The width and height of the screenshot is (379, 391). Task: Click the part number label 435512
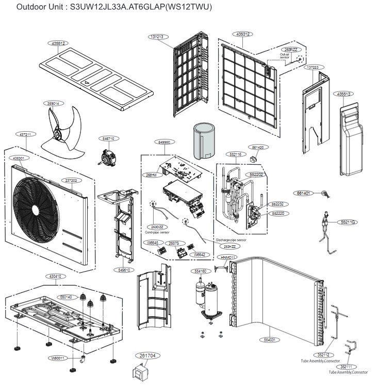(x=59, y=43)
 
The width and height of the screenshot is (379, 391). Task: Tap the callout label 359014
(x=53, y=103)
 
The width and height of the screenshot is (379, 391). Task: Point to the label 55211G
(x=349, y=222)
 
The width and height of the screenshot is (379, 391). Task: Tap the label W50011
(x=59, y=357)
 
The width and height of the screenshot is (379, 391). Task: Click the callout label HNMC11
(x=227, y=257)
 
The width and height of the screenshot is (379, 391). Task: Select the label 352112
(x=323, y=354)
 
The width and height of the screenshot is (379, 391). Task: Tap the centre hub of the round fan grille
(x=34, y=209)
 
